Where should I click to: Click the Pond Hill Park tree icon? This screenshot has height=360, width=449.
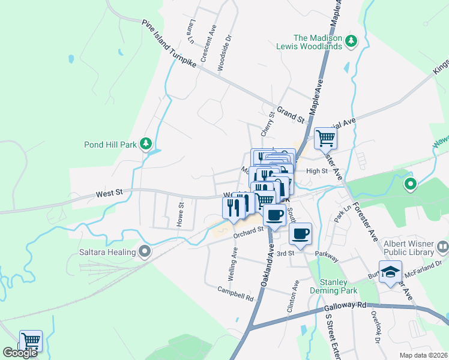(145, 143)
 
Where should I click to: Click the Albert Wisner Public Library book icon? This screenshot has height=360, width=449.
(442, 246)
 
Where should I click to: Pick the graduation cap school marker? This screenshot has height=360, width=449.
(390, 272)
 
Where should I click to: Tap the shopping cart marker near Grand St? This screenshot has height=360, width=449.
(325, 139)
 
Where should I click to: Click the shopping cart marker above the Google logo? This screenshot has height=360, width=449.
(31, 341)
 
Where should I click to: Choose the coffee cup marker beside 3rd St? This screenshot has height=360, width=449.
(300, 234)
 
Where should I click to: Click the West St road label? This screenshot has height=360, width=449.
(110, 193)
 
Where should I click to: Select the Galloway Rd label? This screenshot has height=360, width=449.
(345, 306)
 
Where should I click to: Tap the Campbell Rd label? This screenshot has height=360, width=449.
(236, 293)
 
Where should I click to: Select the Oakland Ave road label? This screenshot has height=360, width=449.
(267, 264)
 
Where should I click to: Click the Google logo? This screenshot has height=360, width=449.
(20, 353)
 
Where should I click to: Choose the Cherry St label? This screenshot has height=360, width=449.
(267, 122)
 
